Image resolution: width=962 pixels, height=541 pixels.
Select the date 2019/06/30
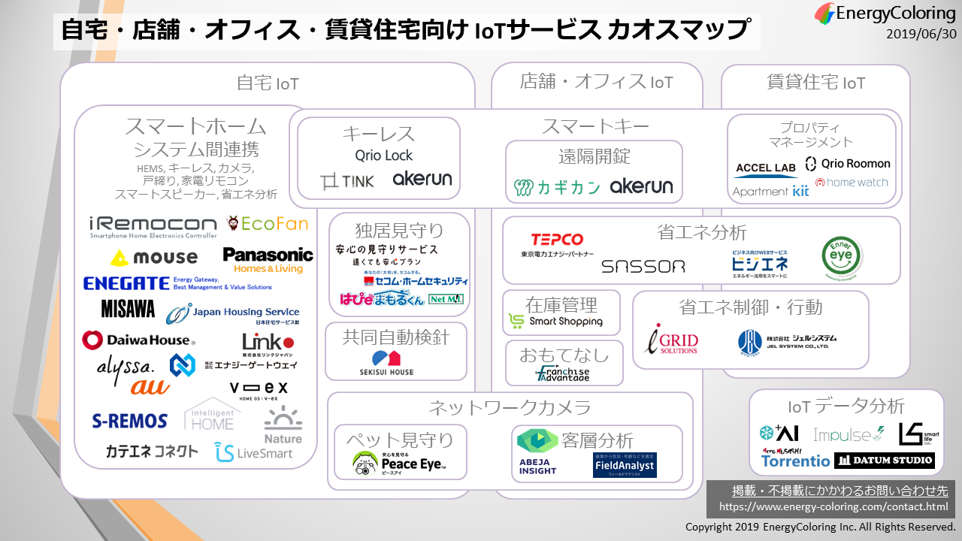(921, 34)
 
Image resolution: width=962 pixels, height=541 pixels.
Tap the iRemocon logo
(153, 226)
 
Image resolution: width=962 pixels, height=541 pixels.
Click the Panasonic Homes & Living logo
(268, 260)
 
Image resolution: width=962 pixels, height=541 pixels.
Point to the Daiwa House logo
(138, 340)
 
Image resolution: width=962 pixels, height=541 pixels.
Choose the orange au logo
(150, 387)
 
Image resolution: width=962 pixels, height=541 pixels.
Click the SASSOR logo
(643, 267)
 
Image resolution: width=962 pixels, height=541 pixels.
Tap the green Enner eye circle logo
(842, 256)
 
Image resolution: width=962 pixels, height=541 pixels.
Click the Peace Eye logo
(399, 463)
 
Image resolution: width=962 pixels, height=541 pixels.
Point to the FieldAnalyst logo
(624, 464)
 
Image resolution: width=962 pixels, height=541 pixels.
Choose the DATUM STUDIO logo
(885, 460)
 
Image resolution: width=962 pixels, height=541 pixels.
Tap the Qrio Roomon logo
(847, 164)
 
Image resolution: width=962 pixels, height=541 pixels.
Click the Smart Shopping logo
(556, 322)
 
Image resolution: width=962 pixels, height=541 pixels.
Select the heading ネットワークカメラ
(510, 408)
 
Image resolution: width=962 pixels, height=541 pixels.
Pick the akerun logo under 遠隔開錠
(641, 186)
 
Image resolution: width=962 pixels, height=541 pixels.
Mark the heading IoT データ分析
(846, 407)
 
